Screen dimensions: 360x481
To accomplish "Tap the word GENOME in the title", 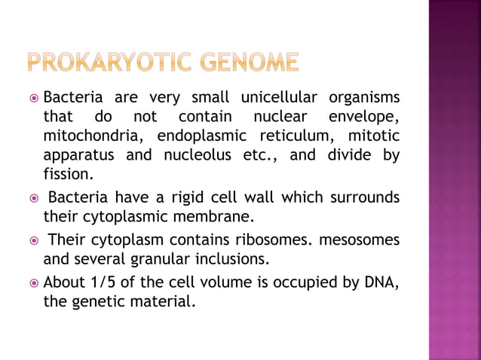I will click(248, 62).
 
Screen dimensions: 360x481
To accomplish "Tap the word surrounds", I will click(363, 197).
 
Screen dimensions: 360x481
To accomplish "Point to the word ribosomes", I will click(274, 240).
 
